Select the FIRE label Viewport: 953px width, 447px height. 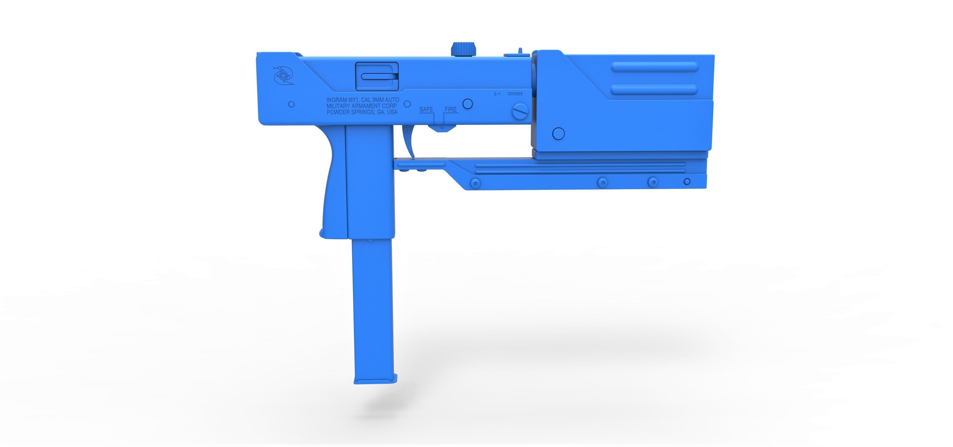click(x=451, y=110)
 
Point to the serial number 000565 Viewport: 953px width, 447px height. click(x=515, y=94)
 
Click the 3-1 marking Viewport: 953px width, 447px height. click(x=497, y=94)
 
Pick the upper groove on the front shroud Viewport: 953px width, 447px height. click(x=654, y=67)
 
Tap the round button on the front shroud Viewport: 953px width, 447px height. click(x=558, y=134)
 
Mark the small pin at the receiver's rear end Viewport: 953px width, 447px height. click(x=292, y=104)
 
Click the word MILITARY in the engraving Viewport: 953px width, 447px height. click(x=338, y=106)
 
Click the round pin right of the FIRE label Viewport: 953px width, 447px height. click(x=468, y=104)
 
